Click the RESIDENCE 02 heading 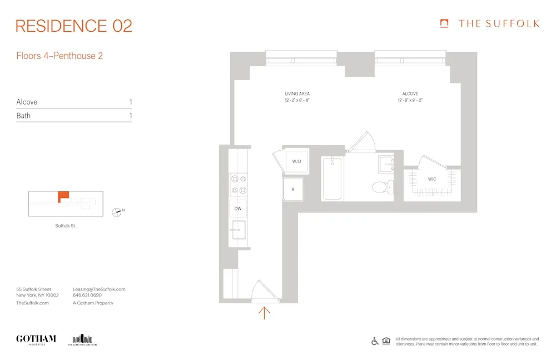point(74,26)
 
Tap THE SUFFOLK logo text point(498,23)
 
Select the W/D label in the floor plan point(296,162)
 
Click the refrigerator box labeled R point(293,190)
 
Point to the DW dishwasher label point(237,208)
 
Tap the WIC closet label point(431,179)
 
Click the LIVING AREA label point(297,93)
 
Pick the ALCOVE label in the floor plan point(410,93)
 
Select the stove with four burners point(239,184)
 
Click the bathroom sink point(386,164)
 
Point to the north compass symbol point(117,211)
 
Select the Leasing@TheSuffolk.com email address point(99,289)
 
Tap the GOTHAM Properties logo point(36,339)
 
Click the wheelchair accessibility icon point(375,342)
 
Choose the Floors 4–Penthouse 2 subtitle point(59,56)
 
